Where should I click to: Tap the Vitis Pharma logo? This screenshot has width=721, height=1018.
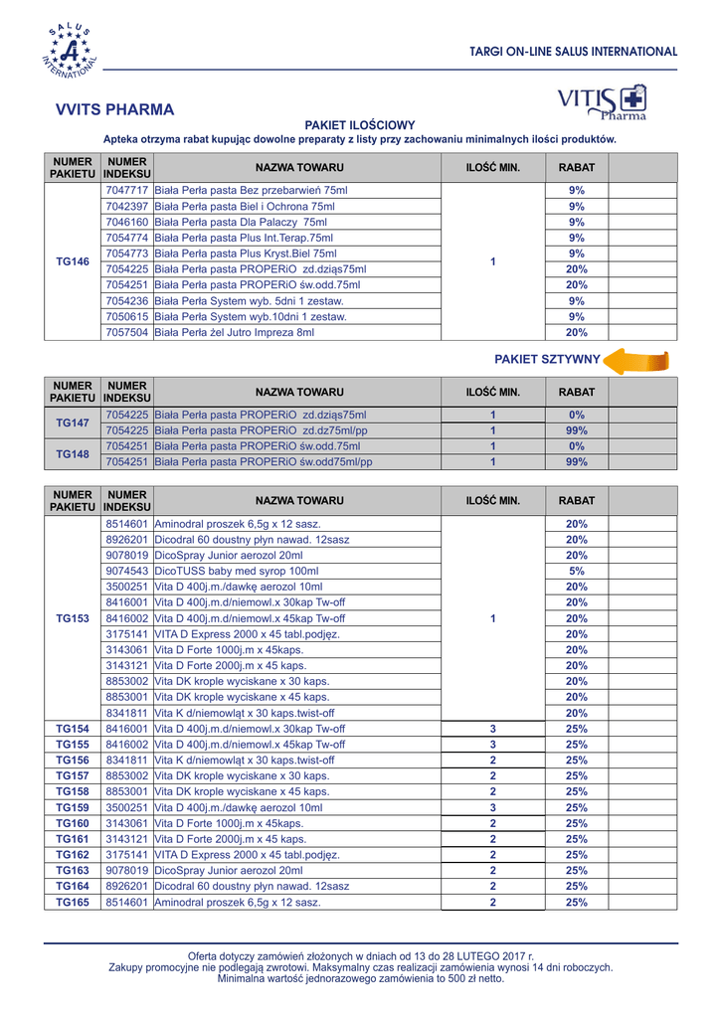(603, 102)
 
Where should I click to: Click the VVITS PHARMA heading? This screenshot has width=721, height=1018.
(115, 109)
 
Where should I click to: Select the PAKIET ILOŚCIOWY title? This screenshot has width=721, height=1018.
(359, 125)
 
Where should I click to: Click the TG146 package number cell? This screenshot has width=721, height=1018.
(73, 261)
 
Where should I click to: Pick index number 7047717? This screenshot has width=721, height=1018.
(127, 190)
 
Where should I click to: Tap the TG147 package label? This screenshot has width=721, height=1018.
(73, 423)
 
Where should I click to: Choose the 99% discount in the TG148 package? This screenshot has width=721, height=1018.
(576, 462)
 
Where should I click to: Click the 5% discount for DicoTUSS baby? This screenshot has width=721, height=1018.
(576, 572)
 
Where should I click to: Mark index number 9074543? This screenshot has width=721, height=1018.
(127, 572)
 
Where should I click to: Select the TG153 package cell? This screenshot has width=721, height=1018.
(73, 618)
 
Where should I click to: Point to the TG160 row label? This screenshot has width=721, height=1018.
(73, 824)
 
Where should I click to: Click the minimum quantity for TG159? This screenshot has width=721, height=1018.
(493, 808)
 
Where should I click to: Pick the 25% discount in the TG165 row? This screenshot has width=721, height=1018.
(576, 903)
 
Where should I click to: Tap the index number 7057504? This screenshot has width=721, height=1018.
(127, 333)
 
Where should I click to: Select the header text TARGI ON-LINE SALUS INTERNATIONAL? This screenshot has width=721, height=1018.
(573, 52)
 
